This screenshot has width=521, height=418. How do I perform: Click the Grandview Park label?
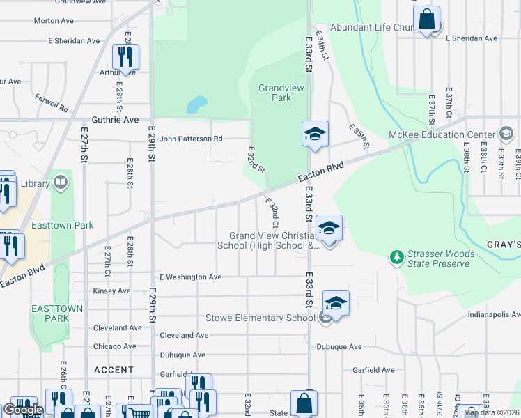click(274, 93)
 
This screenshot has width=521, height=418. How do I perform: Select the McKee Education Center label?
click(442, 134)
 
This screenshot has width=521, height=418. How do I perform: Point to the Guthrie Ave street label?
click(115, 120)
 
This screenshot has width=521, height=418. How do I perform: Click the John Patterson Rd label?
click(190, 139)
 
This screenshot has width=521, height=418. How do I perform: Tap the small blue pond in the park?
click(196, 105)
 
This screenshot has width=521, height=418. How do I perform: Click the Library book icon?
click(61, 183)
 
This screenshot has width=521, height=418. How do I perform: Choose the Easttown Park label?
click(63, 226)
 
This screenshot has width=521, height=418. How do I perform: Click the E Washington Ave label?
click(190, 277)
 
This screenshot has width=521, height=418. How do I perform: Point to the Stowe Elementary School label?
click(260, 318)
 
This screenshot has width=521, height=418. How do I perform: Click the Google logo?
click(22, 410)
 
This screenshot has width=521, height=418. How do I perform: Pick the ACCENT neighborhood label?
click(114, 370)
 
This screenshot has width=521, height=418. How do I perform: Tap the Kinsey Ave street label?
click(111, 291)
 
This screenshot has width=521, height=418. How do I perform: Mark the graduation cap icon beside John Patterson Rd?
click(315, 133)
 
